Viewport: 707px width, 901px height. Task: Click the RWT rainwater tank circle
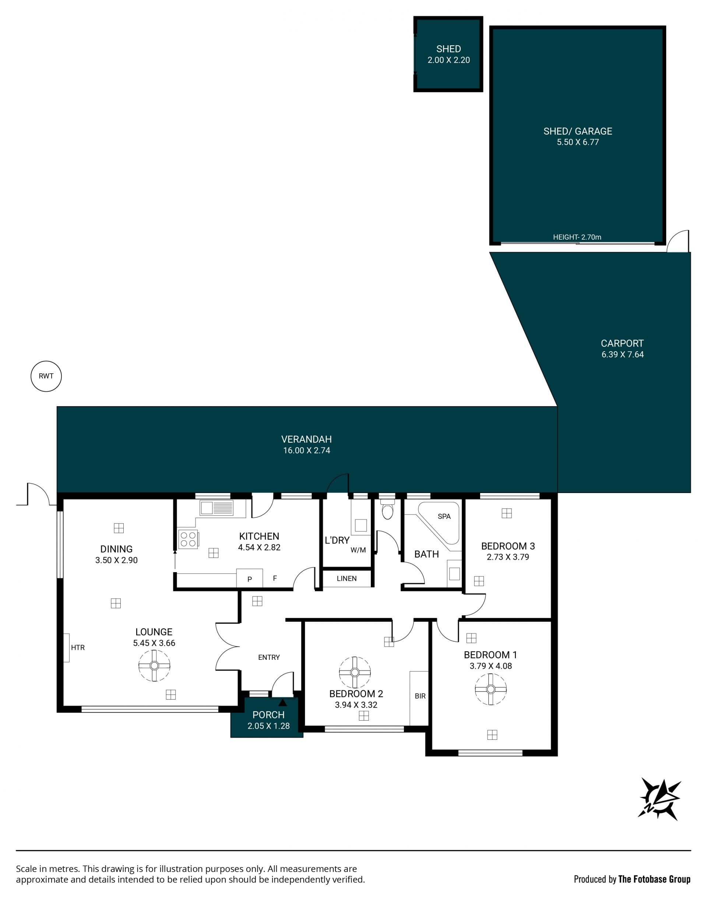(46, 376)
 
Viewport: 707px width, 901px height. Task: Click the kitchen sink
(217, 508)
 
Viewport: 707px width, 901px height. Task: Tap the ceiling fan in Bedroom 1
(490, 689)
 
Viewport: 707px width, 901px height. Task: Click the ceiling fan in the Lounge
(154, 665)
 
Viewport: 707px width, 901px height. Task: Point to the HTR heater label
(78, 648)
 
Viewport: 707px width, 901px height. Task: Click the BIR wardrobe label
(420, 696)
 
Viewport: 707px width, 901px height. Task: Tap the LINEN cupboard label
(347, 578)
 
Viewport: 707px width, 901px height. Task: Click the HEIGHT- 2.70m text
(577, 237)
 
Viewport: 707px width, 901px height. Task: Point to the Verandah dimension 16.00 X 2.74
(307, 450)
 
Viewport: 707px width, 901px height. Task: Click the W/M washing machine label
(358, 550)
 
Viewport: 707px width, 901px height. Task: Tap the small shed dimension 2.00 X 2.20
(449, 60)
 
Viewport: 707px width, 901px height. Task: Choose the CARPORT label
(622, 344)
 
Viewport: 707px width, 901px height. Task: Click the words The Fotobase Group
(654, 879)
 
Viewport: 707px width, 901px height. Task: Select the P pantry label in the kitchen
(250, 580)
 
